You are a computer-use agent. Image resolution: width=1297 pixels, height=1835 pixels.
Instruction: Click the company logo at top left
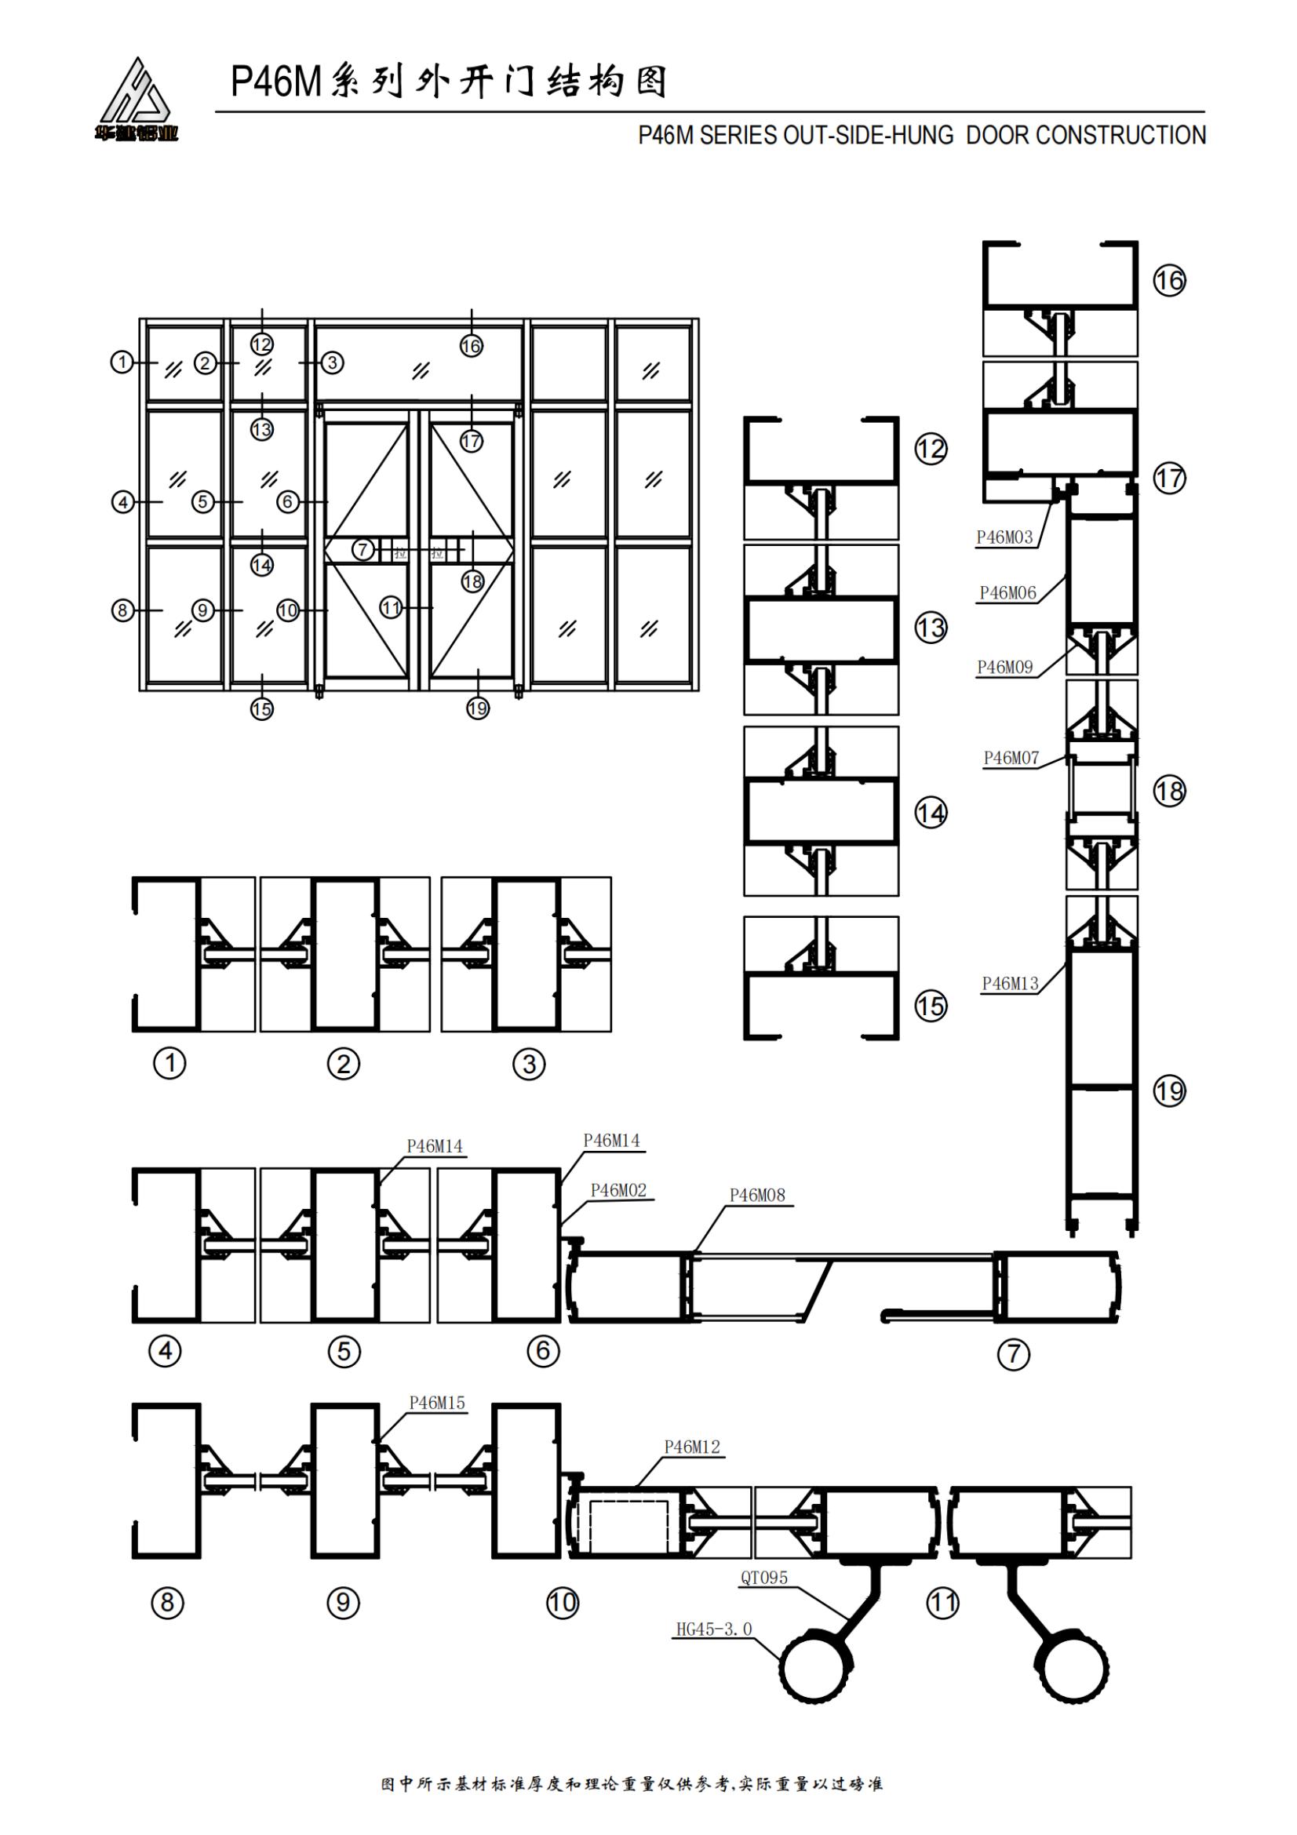137,100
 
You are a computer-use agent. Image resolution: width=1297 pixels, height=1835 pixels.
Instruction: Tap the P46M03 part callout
1004,538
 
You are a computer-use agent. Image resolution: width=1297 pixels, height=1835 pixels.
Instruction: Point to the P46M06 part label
1007,593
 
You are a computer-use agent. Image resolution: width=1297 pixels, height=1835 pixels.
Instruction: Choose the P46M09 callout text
1004,668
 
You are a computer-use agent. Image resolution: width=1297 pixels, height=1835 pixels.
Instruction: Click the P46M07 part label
1011,758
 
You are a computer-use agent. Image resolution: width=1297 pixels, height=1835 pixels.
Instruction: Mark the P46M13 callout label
1010,984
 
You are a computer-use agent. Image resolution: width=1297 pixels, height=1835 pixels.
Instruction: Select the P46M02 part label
618,1190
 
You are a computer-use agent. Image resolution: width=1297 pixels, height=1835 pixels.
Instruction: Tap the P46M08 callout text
757,1196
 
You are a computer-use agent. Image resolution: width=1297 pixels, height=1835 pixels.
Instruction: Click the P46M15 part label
436,1403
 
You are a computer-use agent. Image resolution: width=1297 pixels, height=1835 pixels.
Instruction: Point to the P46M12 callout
691,1447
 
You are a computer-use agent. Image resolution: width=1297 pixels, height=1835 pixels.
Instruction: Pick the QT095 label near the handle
763,1578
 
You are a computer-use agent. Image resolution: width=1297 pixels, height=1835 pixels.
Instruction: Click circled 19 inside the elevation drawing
478,708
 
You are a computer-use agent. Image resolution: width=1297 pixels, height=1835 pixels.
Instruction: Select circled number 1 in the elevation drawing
122,362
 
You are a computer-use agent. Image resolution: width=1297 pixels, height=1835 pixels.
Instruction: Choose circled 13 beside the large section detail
931,628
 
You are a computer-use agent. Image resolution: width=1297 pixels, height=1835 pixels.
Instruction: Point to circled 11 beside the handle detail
942,1603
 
